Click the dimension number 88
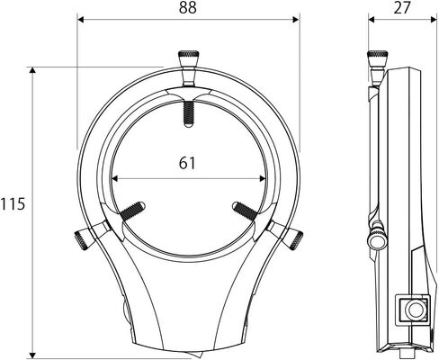(x=188, y=8)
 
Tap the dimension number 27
(x=401, y=8)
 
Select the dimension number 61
(x=187, y=163)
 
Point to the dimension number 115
(x=13, y=204)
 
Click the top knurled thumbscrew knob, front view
(x=188, y=55)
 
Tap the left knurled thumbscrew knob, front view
(x=82, y=239)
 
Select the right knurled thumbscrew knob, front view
(x=295, y=238)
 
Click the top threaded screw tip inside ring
(x=188, y=114)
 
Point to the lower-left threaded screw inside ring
(x=132, y=211)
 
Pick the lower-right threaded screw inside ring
(x=245, y=211)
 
